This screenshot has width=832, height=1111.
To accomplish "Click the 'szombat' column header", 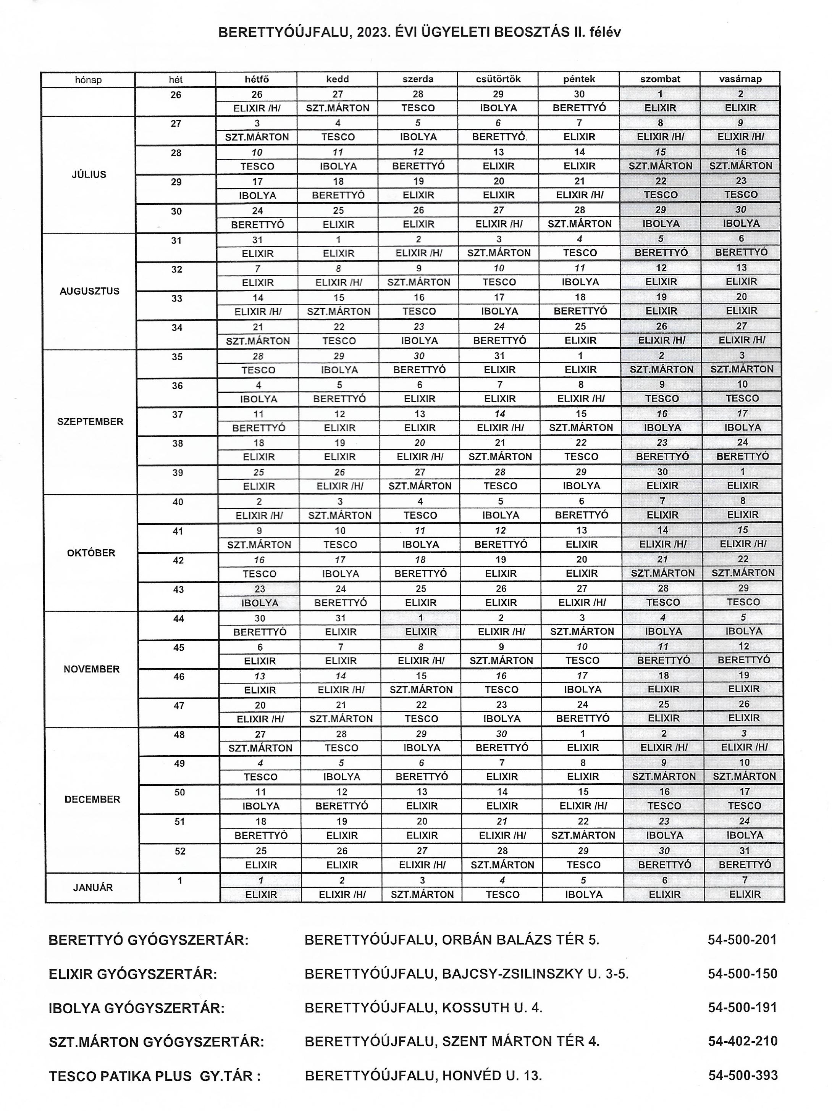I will click(660, 79).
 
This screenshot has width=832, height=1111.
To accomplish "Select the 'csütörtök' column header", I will click(498, 79).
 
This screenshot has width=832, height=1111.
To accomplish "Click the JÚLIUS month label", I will click(89, 174).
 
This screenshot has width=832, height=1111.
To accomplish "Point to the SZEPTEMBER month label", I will click(90, 421).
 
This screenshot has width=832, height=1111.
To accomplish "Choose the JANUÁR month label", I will click(93, 887).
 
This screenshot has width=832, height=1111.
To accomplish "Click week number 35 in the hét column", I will click(177, 357).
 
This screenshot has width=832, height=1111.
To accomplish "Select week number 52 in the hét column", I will click(180, 851).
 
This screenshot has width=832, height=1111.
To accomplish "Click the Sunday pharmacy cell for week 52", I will click(745, 865).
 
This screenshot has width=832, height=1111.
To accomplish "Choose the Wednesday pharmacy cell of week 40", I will click(420, 515).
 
